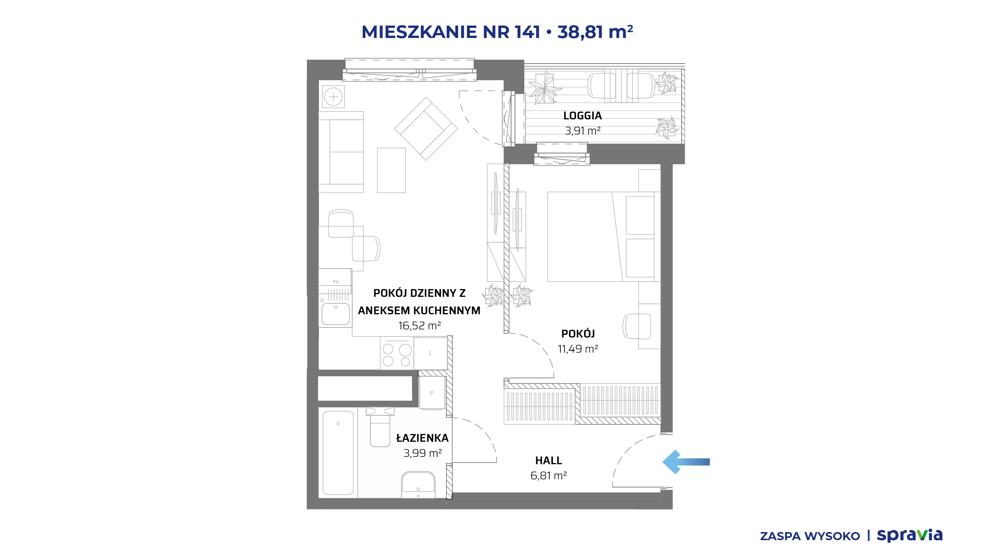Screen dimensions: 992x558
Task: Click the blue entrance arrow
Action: pyautogui.click(x=686, y=462)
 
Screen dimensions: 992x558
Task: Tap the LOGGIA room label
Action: pyautogui.click(x=582, y=115)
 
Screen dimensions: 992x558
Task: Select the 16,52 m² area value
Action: pyautogui.click(x=419, y=325)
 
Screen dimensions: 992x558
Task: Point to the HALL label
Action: pyautogui.click(x=548, y=460)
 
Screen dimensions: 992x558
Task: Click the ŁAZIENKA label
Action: pyautogui.click(x=422, y=438)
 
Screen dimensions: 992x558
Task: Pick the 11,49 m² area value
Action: pyautogui.click(x=578, y=349)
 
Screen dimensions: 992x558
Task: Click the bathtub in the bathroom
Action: pyautogui.click(x=338, y=453)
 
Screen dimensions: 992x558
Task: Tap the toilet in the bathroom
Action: pyautogui.click(x=380, y=427)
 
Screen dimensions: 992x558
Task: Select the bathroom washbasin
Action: pyautogui.click(x=418, y=485)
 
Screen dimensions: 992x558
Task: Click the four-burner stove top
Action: pyautogui.click(x=397, y=353)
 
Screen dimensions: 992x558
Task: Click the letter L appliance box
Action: pyautogui.click(x=430, y=353)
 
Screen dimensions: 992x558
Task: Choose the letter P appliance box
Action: pyautogui.click(x=432, y=393)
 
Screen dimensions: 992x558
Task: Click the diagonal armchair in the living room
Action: pyautogui.click(x=426, y=129)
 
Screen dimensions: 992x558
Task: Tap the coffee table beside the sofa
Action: pyautogui.click(x=391, y=170)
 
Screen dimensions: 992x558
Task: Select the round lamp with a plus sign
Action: pyautogui.click(x=333, y=97)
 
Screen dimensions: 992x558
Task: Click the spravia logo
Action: pyautogui.click(x=910, y=535)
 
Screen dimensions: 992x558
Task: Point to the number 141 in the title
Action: pyautogui.click(x=527, y=32)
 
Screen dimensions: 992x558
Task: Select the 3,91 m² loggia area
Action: pyautogui.click(x=582, y=131)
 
